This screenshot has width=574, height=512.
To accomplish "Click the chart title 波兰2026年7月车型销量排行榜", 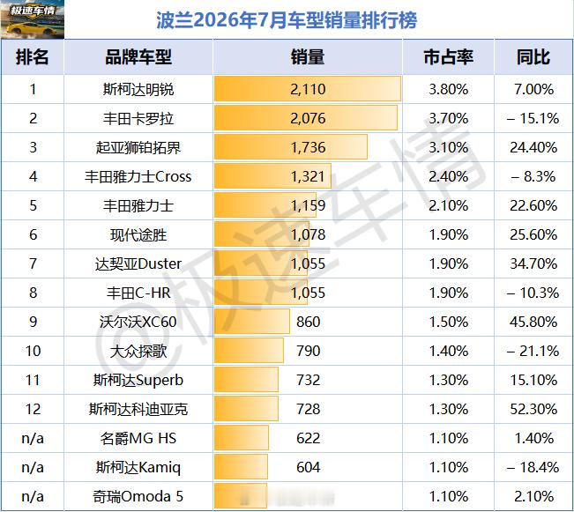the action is click(287, 20).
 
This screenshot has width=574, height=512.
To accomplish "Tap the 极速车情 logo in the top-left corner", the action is click(33, 19).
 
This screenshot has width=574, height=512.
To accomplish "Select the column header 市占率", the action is click(449, 57).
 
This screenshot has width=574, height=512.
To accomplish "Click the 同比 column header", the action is click(533, 57).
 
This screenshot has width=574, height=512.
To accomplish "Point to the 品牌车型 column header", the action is click(138, 57).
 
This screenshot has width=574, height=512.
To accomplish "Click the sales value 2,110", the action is click(308, 89).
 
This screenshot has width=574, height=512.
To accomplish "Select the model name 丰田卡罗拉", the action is click(138, 119).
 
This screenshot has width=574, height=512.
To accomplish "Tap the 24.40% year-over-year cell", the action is click(533, 147).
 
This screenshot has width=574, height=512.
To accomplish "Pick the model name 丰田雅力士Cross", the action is click(138, 177).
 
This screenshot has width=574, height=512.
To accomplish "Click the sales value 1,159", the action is click(308, 205).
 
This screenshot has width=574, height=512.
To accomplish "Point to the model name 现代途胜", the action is click(138, 235).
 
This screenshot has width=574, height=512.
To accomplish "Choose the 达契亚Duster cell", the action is click(138, 263).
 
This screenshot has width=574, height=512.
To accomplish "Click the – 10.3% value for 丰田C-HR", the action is click(533, 293).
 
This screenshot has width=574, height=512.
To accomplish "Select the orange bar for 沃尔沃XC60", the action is click(252, 322).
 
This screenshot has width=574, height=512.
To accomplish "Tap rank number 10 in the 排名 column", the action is click(33, 351).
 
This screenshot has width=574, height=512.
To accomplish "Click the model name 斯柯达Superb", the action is click(138, 380).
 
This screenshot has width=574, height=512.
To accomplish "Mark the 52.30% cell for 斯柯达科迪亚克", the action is click(533, 409).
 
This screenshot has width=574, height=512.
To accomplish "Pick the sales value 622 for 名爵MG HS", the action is click(309, 438).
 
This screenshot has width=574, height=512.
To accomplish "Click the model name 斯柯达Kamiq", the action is click(138, 467).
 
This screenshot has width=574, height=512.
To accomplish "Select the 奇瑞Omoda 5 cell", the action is click(138, 497).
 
